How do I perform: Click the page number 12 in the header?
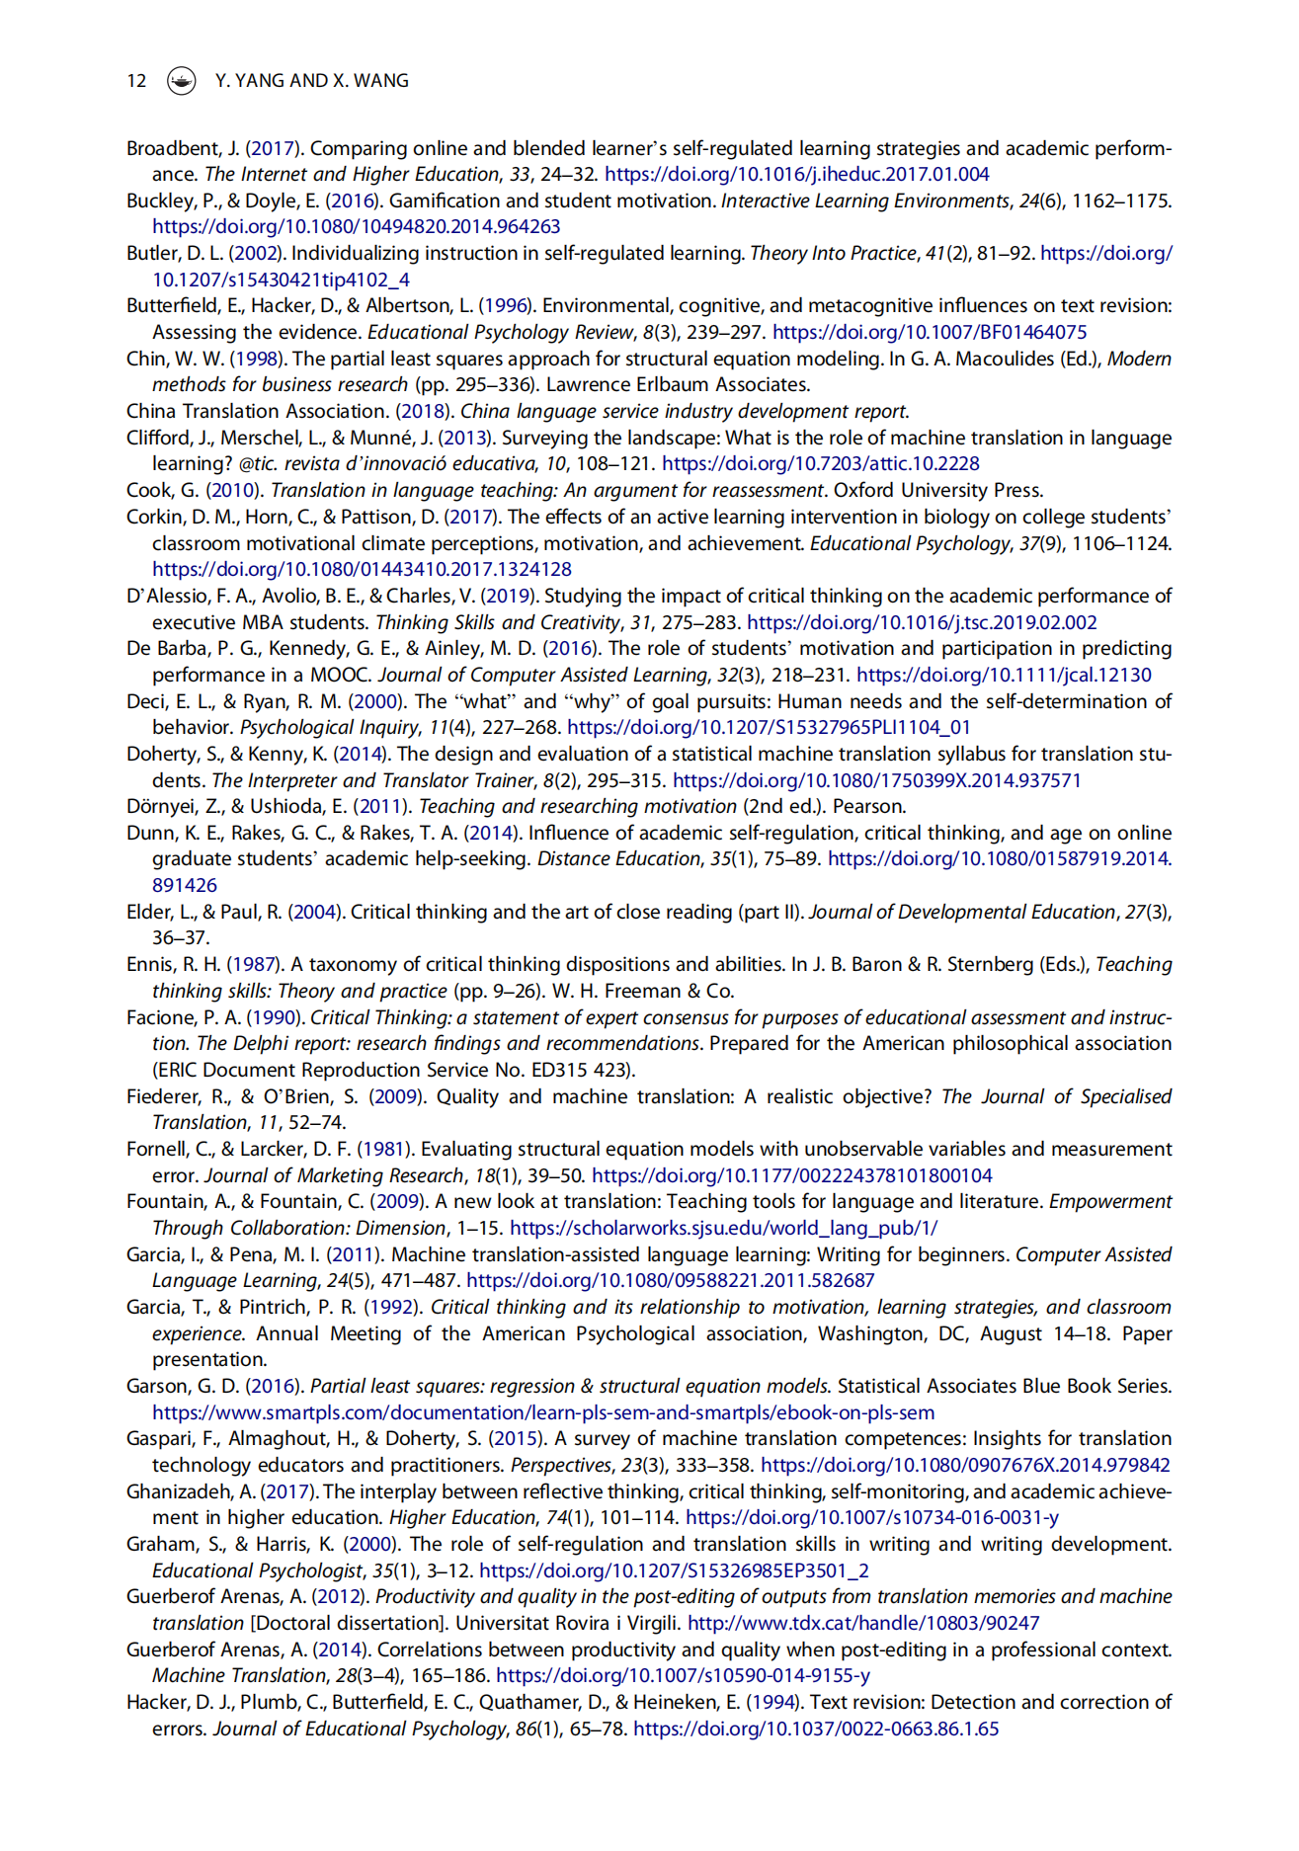click(x=136, y=81)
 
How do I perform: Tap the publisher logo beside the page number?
click(x=181, y=81)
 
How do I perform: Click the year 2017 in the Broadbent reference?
click(x=272, y=148)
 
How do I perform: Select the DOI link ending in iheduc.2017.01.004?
click(x=796, y=175)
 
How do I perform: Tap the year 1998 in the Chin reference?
click(x=256, y=359)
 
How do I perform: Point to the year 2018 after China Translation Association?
click(x=423, y=411)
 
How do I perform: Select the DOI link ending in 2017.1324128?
click(x=362, y=569)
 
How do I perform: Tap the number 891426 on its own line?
click(x=185, y=885)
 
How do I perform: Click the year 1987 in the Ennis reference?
click(x=253, y=964)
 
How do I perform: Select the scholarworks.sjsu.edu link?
click(x=723, y=1228)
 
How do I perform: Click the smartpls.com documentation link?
click(x=543, y=1412)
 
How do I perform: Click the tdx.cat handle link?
click(x=863, y=1623)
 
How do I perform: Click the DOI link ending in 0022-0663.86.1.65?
click(x=816, y=1729)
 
